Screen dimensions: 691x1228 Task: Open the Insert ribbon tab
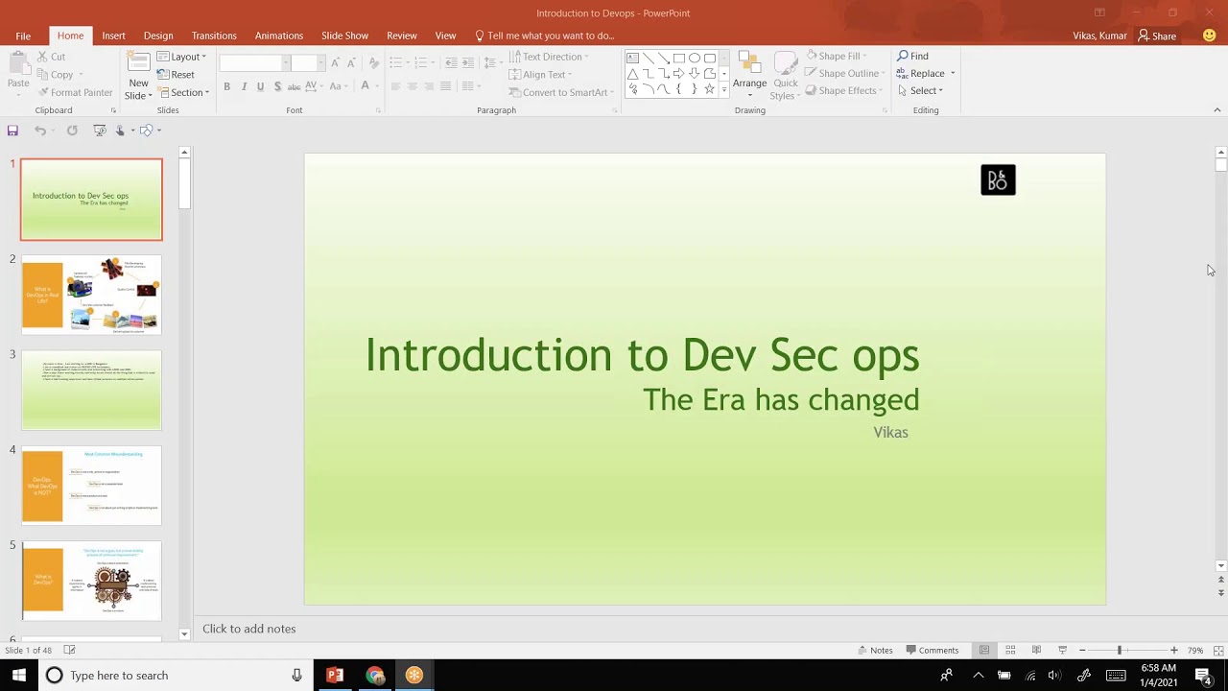pos(113,36)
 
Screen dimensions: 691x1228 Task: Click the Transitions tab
pos(214,36)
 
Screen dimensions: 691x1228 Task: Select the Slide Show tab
pos(344,36)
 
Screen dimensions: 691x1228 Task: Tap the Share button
pos(1157,36)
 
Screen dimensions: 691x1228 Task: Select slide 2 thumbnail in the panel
pos(92,295)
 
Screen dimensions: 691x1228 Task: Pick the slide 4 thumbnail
pos(92,486)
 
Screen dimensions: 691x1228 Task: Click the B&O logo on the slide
pos(998,180)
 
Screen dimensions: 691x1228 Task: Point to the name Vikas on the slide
pos(890,433)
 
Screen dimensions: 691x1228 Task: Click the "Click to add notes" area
pos(249,629)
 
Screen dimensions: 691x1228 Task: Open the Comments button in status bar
pos(932,650)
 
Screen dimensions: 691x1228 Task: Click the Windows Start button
pos(18,676)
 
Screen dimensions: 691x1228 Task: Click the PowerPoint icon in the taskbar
pos(335,676)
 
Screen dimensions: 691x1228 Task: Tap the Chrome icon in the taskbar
pos(374,676)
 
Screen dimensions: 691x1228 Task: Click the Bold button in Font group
pos(226,86)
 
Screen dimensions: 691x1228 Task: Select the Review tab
pos(401,36)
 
